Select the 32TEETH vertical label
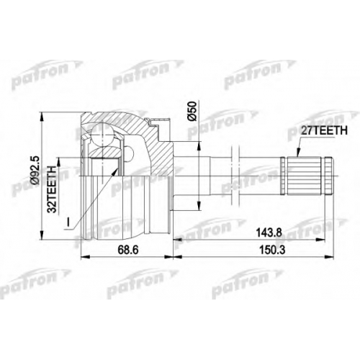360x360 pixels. click(x=52, y=189)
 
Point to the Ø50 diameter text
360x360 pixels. click(x=193, y=111)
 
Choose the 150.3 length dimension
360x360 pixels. click(x=272, y=250)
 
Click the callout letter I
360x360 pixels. click(x=68, y=222)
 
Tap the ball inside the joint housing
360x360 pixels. click(x=102, y=134)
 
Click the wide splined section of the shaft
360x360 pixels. click(x=305, y=175)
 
